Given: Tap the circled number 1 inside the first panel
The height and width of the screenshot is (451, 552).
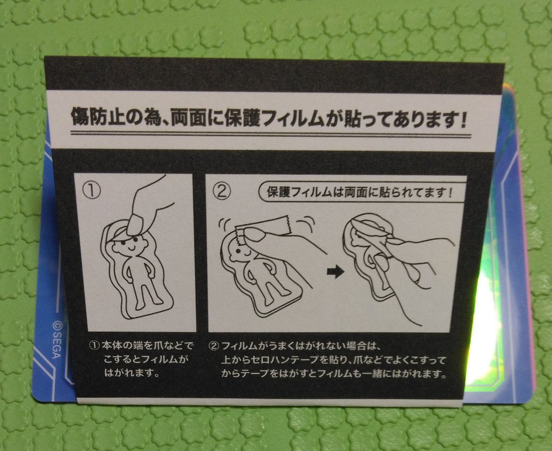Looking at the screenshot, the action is [92, 191].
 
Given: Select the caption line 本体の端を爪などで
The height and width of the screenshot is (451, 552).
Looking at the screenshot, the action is [141, 346].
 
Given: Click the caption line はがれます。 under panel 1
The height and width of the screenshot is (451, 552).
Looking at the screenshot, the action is [132, 373].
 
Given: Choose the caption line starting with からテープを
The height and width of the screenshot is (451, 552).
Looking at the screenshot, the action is [333, 374].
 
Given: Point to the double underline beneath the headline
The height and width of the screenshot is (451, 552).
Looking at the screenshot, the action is [271, 135].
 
